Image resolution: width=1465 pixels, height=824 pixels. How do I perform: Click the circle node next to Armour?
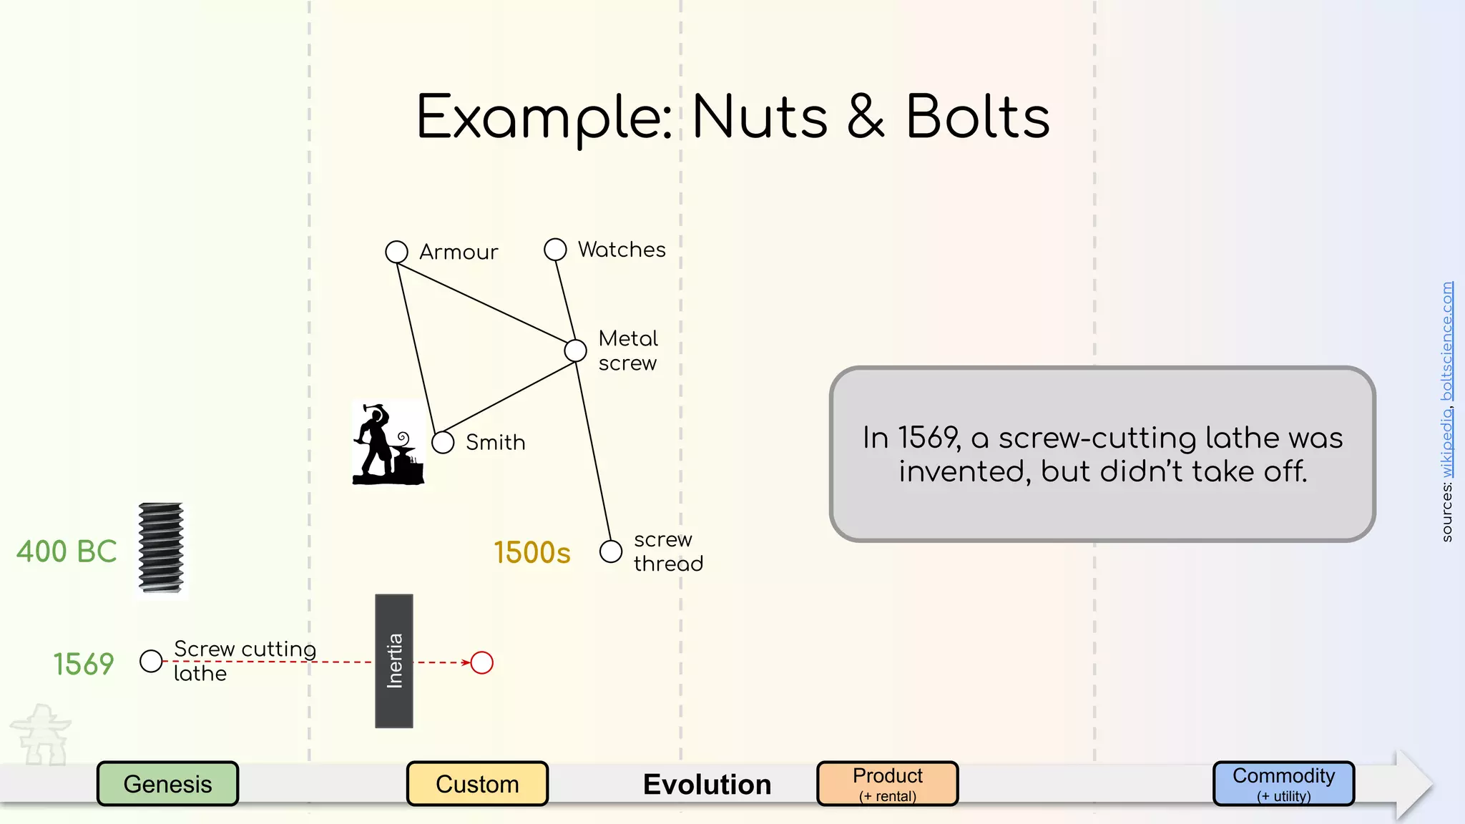396,252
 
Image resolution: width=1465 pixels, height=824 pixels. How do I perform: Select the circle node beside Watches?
555,250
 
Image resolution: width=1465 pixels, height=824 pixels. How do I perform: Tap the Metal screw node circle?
575,350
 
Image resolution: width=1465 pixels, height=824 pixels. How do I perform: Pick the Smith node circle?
443,442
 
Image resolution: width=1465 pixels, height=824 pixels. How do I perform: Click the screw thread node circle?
610,551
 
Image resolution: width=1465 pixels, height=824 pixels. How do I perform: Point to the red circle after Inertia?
481,663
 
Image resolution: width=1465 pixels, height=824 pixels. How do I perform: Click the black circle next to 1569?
151,661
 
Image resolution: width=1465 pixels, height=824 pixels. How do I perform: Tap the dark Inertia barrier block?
394,661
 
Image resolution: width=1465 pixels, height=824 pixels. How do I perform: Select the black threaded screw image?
161,548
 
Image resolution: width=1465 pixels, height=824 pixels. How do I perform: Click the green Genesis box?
167,784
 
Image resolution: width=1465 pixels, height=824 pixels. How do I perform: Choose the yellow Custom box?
477,784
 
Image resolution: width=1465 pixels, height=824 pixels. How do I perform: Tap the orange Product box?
887,784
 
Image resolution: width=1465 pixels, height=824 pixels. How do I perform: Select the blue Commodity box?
1283,784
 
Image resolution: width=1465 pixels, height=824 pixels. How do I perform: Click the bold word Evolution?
707,785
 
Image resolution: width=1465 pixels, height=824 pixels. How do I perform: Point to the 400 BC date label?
67,551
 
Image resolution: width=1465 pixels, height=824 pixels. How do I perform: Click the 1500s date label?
532,553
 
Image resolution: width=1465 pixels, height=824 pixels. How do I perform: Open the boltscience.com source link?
1447,341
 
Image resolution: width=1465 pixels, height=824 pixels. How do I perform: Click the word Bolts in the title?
977,117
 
